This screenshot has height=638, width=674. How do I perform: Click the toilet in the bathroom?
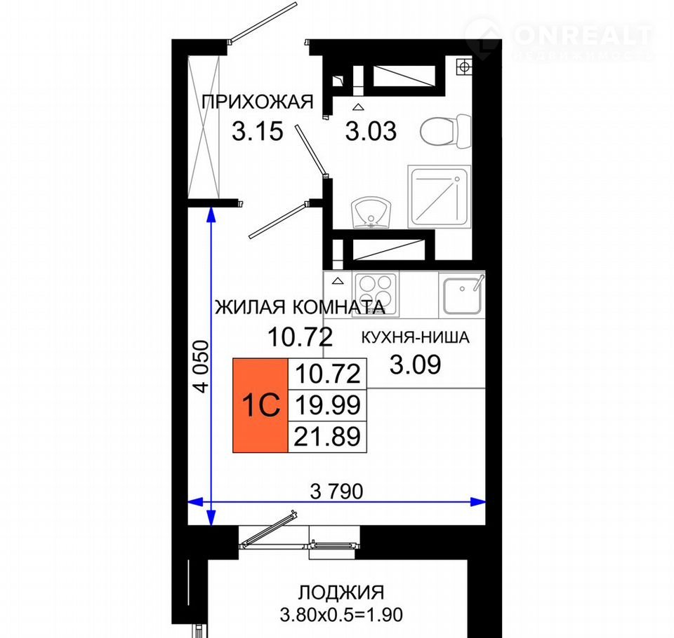coord(446,131)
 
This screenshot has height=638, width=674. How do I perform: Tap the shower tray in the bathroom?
coord(439,197)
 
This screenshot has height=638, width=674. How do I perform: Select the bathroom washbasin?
coord(371,213)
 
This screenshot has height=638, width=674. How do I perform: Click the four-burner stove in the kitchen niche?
coord(376,294)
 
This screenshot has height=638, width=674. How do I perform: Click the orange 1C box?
coord(260,405)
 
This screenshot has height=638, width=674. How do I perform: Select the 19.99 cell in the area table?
coord(328,405)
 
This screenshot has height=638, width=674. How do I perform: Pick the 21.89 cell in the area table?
coord(328,437)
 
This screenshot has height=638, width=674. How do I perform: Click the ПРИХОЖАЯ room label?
coord(258,102)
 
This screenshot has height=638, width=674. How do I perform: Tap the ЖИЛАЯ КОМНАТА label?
coord(300,307)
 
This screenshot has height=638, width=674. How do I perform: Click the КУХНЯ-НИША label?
coord(415,338)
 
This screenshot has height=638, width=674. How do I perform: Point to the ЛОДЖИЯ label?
coord(341,592)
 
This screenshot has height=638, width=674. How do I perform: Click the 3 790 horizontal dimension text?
coord(337,491)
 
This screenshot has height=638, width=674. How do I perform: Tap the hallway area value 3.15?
coord(258,131)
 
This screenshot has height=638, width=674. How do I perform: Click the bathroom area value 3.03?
coord(371,131)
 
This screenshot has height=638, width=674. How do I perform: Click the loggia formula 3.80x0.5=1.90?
coord(341,614)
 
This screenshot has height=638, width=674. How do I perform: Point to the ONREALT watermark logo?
coord(559,38)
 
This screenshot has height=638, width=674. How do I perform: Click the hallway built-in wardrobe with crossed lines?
coord(204,128)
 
